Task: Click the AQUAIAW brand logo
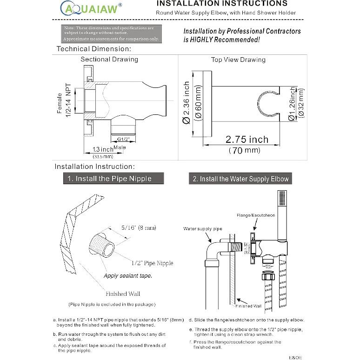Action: [x=91, y=7]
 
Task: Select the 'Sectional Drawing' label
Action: [x=109, y=59]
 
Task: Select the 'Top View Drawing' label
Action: [x=238, y=60]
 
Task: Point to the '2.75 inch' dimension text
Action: [x=247, y=140]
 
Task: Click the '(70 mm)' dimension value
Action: [x=245, y=150]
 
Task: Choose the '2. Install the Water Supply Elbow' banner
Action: [x=240, y=179]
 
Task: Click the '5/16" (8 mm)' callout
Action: [x=139, y=227]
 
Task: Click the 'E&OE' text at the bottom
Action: [x=295, y=357]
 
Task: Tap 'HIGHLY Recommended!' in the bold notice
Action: [x=221, y=40]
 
